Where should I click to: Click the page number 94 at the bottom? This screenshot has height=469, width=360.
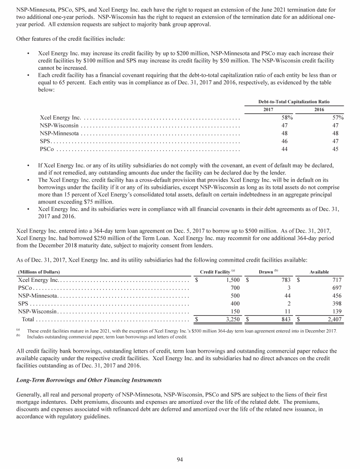180,459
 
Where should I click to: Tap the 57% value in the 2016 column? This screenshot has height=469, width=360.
337,117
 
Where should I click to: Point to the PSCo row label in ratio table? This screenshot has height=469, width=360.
47,149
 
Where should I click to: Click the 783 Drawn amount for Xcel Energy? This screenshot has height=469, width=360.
285,280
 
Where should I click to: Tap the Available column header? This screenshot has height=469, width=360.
319,272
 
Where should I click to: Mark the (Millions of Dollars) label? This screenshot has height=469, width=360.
39,272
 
